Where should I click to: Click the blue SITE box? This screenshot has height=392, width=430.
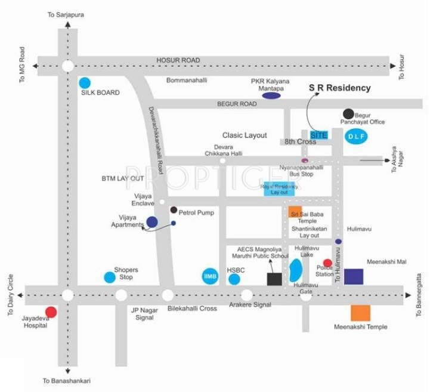319,135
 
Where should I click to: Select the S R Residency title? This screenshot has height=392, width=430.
339,88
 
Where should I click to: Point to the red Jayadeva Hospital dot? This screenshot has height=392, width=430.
51,311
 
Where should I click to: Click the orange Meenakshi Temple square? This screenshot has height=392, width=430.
360,313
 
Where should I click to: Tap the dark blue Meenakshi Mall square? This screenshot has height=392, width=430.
354,277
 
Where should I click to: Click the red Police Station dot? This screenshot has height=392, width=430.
327,263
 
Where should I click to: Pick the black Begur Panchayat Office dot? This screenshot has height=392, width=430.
348,113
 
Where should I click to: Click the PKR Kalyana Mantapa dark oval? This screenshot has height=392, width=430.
272,95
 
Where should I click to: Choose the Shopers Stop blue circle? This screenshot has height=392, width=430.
109,277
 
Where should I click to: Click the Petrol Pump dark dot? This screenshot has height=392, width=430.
174,210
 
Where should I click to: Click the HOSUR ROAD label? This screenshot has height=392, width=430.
178,60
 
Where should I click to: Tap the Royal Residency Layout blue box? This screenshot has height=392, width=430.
279,189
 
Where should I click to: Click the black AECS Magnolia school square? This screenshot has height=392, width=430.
274,279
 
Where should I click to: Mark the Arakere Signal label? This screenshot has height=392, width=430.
250,305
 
